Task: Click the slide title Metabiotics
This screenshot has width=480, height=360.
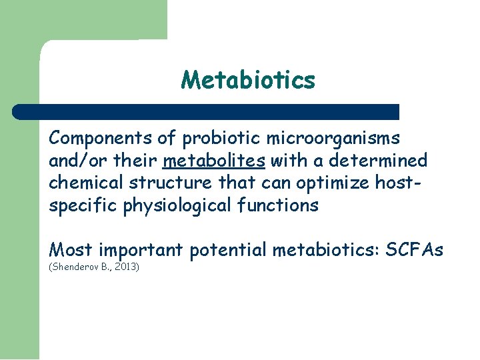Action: click(x=248, y=81)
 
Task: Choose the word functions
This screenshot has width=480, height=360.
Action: click(x=279, y=205)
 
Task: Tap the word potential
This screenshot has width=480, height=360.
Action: click(x=226, y=250)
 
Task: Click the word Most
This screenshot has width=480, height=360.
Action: click(x=70, y=250)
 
